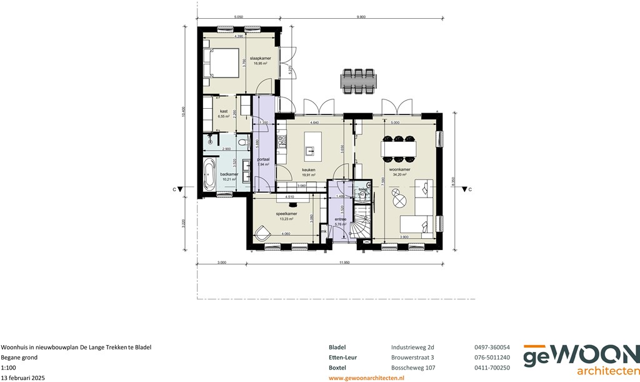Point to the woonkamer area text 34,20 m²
pyautogui.click(x=400, y=175)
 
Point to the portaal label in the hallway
pyautogui.click(x=263, y=159)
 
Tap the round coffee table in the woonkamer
pyautogui.click(x=399, y=202)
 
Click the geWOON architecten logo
pyautogui.click(x=581, y=361)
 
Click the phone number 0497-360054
pyautogui.click(x=492, y=347)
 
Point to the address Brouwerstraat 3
pyautogui.click(x=408, y=357)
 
